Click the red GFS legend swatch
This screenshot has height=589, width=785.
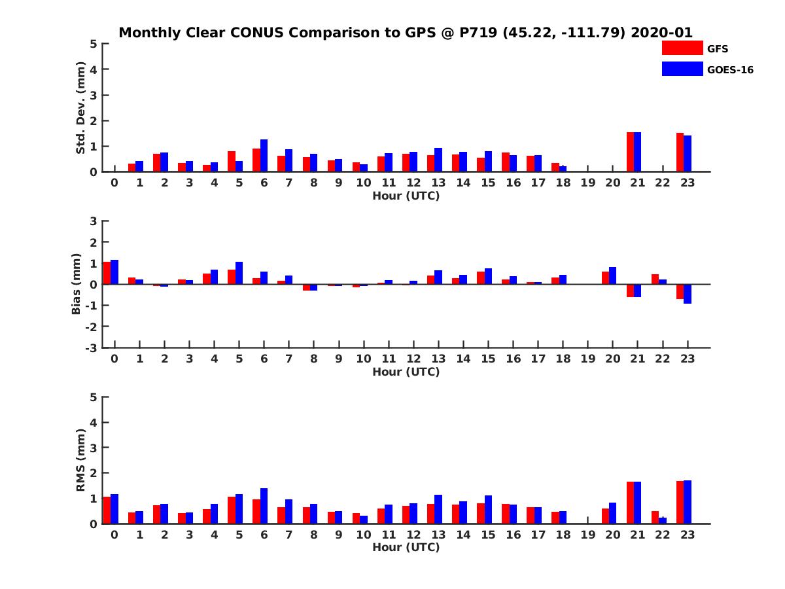click(682, 48)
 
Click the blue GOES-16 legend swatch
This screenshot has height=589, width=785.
click(682, 69)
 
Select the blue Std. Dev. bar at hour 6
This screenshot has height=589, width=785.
click(264, 156)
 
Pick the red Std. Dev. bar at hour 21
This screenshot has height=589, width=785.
click(630, 152)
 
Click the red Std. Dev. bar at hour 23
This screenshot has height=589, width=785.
click(680, 152)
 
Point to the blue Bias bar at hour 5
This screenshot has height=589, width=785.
click(239, 273)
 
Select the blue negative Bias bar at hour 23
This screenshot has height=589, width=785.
click(688, 294)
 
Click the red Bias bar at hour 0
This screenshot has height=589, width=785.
click(107, 273)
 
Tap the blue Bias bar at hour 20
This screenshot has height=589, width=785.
click(613, 276)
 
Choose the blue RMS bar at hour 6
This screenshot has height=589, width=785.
click(264, 506)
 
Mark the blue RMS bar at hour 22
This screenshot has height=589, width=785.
click(663, 520)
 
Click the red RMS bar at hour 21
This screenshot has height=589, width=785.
click(630, 503)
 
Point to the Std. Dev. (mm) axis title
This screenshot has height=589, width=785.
click(80, 108)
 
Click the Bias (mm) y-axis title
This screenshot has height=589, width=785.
click(77, 283)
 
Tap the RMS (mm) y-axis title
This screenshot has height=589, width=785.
click(80, 460)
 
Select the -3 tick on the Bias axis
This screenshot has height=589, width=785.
click(92, 348)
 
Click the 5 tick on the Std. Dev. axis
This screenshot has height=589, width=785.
click(94, 44)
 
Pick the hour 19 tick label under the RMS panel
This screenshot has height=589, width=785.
click(587, 535)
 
